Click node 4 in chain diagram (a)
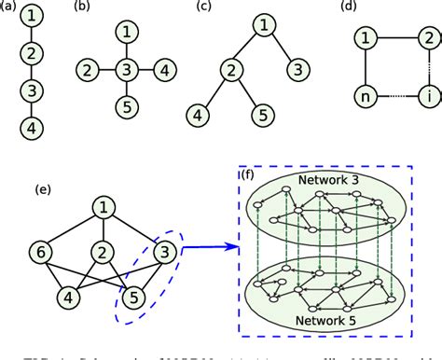(31, 126)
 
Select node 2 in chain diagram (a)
(31, 53)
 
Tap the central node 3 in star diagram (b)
(126, 69)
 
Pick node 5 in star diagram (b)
(126, 104)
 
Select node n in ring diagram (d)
(366, 96)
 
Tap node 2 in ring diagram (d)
(428, 38)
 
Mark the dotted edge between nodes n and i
(396, 96)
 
